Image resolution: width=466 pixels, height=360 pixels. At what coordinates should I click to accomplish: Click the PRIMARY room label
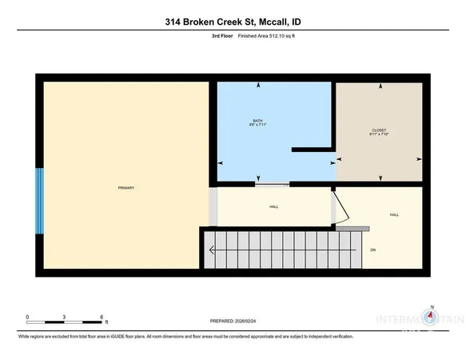[125, 188]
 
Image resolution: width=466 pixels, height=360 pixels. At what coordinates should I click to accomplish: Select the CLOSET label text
[380, 130]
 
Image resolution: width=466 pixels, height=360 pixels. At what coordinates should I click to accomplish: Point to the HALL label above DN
[394, 215]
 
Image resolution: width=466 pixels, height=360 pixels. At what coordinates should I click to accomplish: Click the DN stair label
[372, 250]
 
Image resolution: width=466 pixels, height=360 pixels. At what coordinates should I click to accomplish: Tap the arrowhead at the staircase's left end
[212, 250]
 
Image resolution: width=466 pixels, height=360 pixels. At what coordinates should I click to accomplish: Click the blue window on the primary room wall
[38, 201]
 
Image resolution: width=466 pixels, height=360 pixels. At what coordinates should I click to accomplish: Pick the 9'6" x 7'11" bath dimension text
[257, 126]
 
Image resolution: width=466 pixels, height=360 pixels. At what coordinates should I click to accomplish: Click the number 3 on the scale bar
[65, 318]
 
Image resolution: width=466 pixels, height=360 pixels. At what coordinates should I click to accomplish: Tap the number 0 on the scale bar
[27, 318]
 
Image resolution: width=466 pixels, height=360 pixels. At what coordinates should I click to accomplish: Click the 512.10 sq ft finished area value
[265, 36]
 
